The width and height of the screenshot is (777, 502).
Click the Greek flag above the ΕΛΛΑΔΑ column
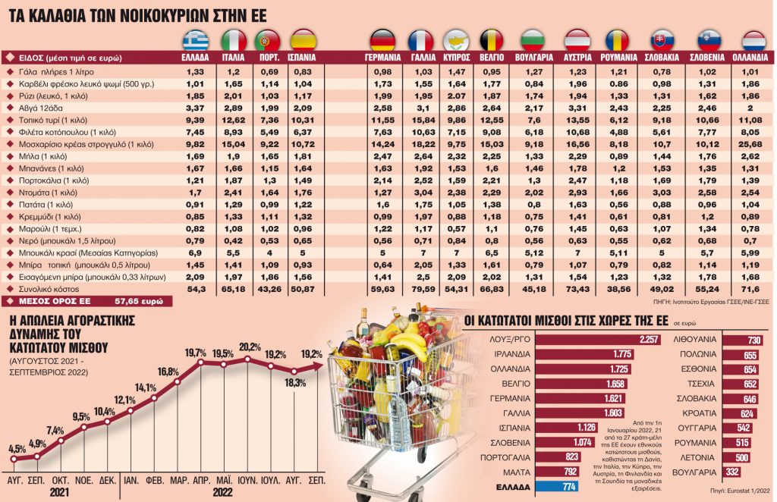pos(195,41)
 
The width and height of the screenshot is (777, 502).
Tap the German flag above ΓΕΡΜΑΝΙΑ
pos(382,41)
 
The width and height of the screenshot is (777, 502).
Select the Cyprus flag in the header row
pos(456,41)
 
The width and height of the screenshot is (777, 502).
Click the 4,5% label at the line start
pos(17,449)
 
